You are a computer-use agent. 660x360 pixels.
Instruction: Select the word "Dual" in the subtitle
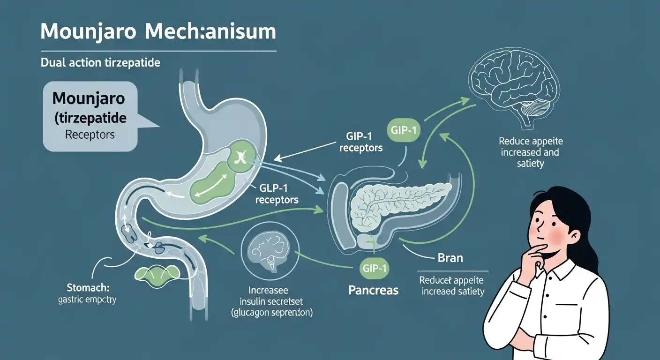(x=52, y=62)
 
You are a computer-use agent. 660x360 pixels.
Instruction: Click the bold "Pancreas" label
(x=374, y=290)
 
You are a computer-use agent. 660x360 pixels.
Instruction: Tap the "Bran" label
(x=450, y=258)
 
